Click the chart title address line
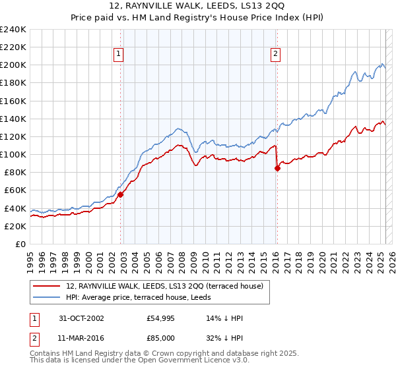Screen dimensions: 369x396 pos(198,6)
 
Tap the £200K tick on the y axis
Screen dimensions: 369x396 pos(13,65)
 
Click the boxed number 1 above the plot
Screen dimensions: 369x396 pos(118,55)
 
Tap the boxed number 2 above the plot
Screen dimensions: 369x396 pos(275,55)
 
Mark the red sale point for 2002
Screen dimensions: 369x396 pos(121,194)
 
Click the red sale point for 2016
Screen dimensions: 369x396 pos(277,168)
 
